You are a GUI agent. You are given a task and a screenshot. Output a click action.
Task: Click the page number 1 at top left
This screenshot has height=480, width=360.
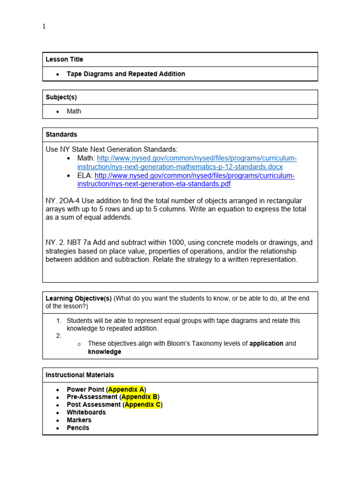44,27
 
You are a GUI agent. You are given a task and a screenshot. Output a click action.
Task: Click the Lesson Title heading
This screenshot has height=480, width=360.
64,60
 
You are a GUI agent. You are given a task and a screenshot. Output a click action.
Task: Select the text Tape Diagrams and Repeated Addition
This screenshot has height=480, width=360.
126,74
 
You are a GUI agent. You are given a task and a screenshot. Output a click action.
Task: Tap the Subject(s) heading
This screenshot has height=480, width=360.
61,97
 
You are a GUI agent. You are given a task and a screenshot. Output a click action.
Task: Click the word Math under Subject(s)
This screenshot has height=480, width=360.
74,112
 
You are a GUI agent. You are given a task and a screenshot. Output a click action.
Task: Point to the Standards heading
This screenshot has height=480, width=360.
61,135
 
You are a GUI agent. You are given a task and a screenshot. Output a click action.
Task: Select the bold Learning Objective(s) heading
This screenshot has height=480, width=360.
78,299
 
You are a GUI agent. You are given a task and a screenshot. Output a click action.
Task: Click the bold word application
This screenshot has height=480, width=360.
266,344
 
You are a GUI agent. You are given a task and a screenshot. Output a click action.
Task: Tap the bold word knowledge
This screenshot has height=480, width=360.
105,352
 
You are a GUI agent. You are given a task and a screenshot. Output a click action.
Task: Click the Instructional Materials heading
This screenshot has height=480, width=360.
80,375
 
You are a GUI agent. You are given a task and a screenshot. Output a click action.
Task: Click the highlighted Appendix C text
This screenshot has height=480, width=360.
142,405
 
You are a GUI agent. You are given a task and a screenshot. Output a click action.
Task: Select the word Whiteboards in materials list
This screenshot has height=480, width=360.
86,412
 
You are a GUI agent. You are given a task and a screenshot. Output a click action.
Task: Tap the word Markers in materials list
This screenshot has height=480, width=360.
79,420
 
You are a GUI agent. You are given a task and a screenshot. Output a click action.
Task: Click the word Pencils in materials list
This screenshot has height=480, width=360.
78,428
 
